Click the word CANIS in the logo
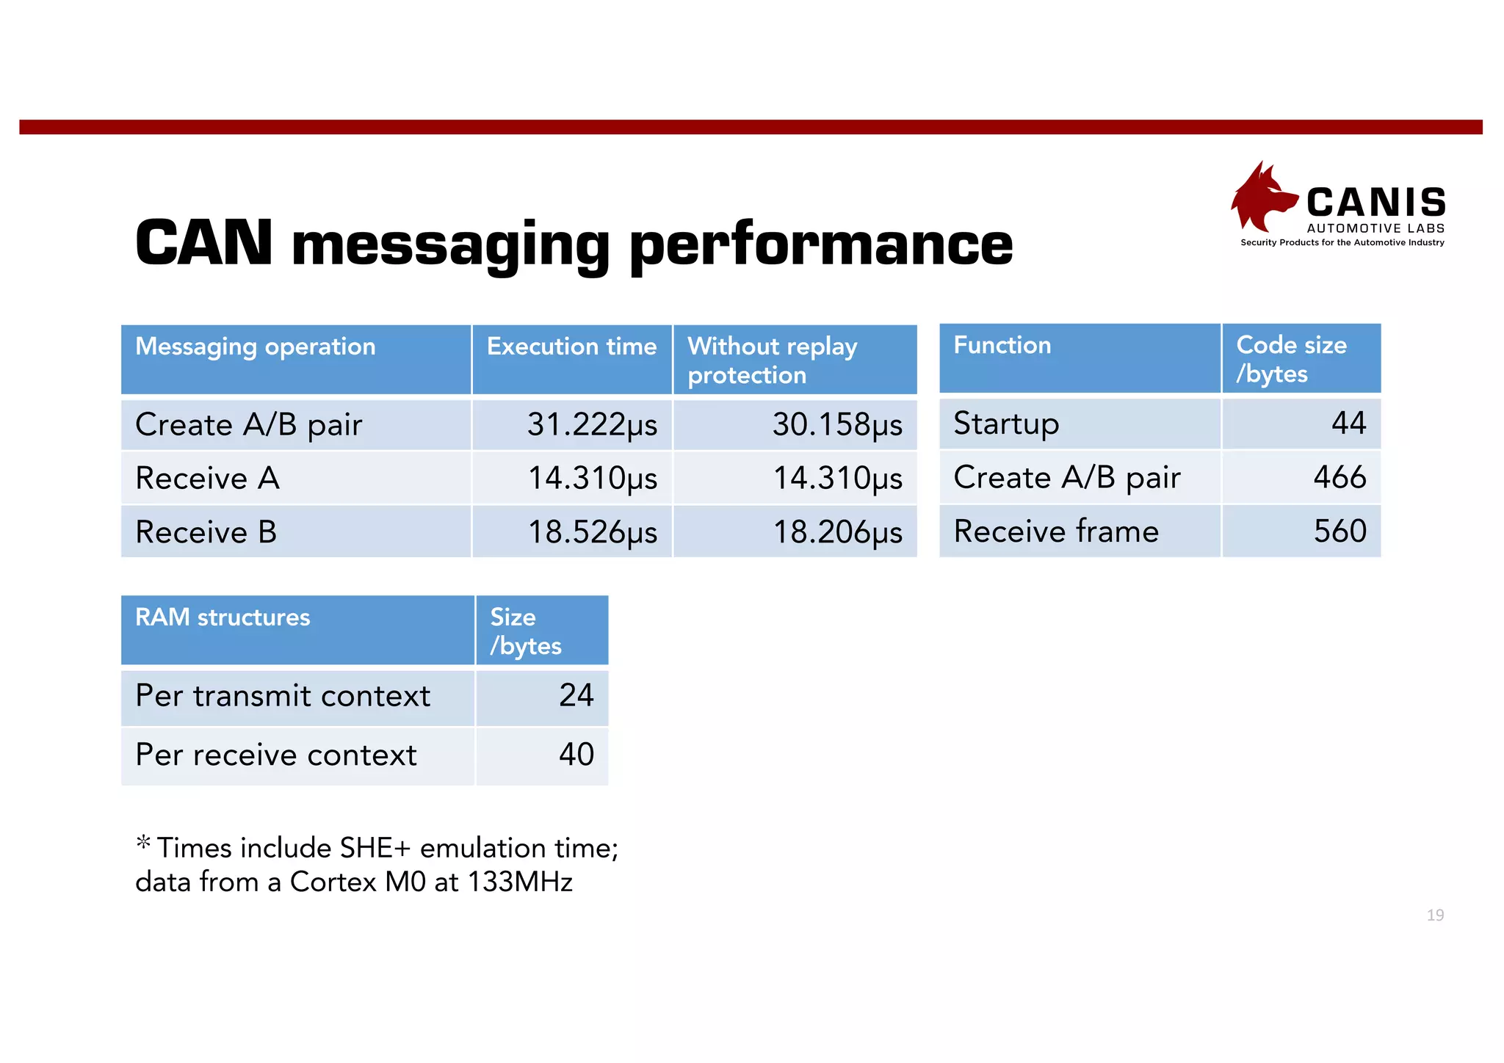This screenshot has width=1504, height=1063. click(x=1375, y=203)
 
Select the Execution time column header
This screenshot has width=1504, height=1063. click(x=571, y=347)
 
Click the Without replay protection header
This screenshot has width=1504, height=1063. click(x=772, y=360)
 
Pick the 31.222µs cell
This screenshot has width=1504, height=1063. click(x=592, y=425)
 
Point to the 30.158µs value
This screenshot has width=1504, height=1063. click(x=836, y=425)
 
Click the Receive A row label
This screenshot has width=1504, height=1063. click(x=208, y=479)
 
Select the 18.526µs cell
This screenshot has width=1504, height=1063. click(x=592, y=532)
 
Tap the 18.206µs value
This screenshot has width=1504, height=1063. click(x=837, y=532)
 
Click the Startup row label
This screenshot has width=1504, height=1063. click(x=1006, y=424)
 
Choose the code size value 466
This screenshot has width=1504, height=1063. click(x=1339, y=478)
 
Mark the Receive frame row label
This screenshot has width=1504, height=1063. click(x=1056, y=531)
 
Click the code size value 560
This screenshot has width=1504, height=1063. click(x=1339, y=531)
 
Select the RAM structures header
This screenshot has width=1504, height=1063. click(x=223, y=617)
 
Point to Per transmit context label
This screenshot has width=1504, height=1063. click(x=283, y=696)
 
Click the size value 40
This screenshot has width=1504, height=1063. click(x=576, y=755)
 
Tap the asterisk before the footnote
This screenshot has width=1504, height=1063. click(x=143, y=843)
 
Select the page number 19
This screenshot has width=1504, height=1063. click(x=1435, y=915)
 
